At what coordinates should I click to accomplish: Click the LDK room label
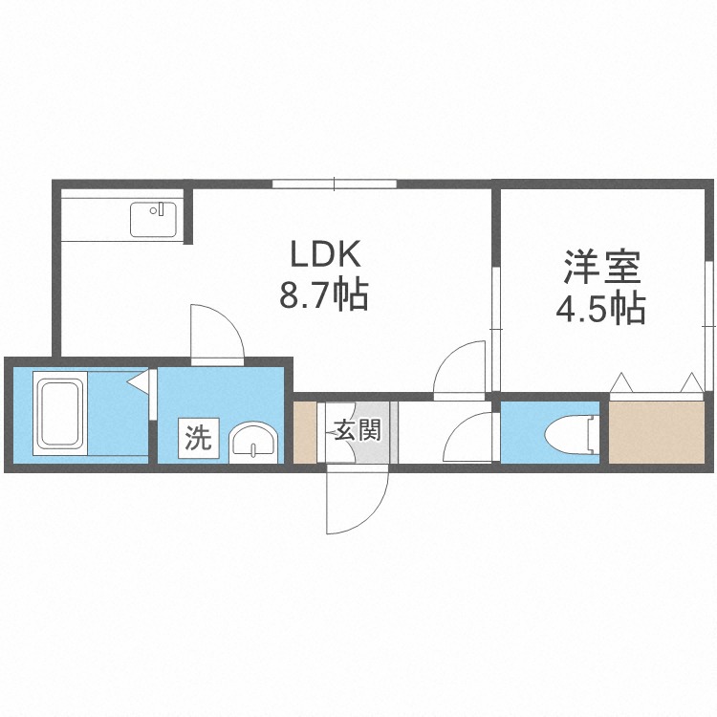[326, 254]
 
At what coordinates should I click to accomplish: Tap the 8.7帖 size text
[324, 295]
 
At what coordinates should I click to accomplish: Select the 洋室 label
[601, 267]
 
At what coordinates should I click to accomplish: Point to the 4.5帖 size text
[600, 308]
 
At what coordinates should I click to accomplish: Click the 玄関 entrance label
[358, 430]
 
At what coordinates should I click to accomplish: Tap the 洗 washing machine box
[199, 438]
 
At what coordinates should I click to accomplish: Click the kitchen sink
[153, 220]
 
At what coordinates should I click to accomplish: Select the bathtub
[60, 413]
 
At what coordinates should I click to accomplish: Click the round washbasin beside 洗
[253, 444]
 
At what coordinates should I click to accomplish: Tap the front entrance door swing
[358, 499]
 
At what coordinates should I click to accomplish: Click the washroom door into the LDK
[218, 335]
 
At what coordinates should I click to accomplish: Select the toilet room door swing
[468, 437]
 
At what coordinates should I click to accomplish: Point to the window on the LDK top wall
[335, 184]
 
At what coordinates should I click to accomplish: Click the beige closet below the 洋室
[657, 432]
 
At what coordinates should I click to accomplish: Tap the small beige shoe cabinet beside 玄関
[305, 432]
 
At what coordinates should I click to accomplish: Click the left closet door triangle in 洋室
[622, 382]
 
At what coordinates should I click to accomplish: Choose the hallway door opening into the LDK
[459, 370]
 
